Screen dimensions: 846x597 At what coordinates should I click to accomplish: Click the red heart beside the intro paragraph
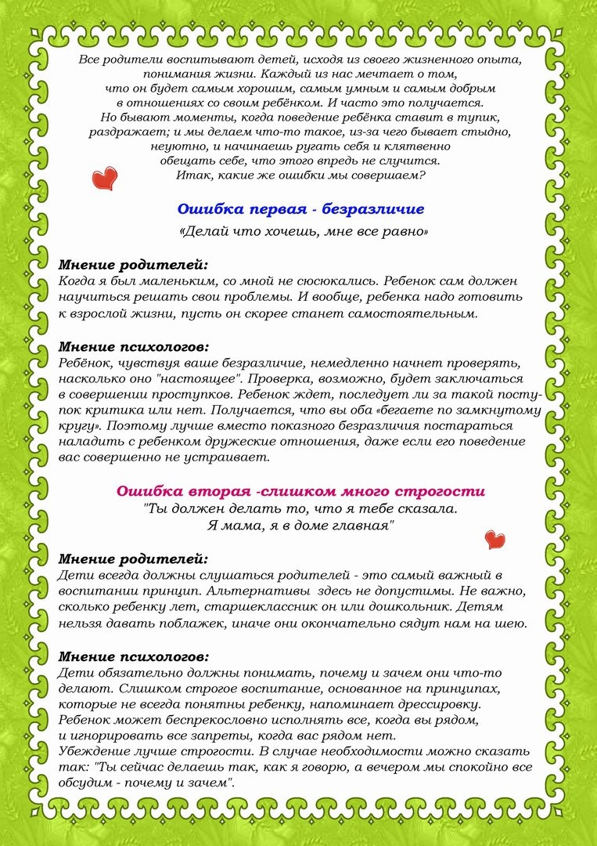(x=103, y=178)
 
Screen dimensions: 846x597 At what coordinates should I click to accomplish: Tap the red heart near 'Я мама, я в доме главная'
(x=495, y=539)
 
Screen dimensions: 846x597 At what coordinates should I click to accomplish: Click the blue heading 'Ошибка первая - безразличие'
(x=300, y=209)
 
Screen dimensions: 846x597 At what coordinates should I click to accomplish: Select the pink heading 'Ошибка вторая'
(x=300, y=491)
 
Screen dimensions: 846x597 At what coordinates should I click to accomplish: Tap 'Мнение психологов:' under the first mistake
(x=135, y=346)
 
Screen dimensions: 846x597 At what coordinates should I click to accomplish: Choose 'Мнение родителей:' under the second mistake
(x=134, y=559)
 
